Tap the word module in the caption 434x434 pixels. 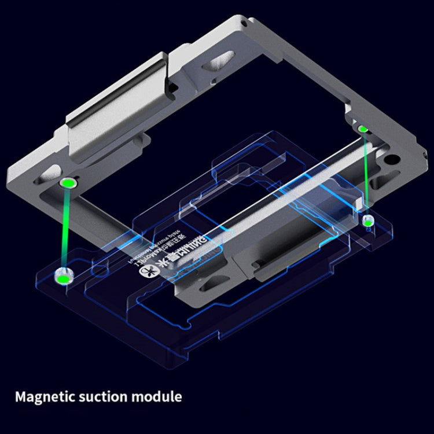(157, 397)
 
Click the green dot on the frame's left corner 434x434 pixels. (68, 183)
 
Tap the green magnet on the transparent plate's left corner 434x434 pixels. (61, 278)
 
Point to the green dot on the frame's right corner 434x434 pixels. (362, 128)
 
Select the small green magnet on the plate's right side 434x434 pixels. (367, 220)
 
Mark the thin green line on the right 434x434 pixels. (365, 174)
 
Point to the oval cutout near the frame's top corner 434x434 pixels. (222, 60)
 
